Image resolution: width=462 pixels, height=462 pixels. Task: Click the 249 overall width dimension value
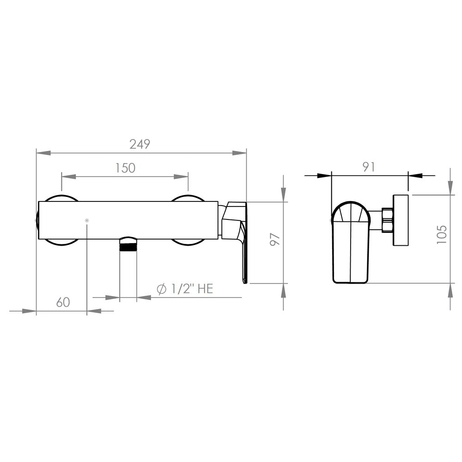pyautogui.click(x=140, y=144)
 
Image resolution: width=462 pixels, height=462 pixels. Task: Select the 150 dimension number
pyautogui.click(x=125, y=168)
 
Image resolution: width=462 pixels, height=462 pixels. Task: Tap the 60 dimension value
pyautogui.click(x=63, y=302)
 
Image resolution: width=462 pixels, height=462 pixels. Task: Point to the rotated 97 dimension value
pyautogui.click(x=275, y=239)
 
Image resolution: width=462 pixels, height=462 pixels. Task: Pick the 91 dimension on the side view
pyautogui.click(x=369, y=167)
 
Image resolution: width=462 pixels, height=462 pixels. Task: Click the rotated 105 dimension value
pyautogui.click(x=442, y=235)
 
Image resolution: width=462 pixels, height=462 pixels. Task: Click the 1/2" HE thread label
pyautogui.click(x=192, y=288)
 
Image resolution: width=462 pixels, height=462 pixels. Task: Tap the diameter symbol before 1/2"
pyautogui.click(x=161, y=289)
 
